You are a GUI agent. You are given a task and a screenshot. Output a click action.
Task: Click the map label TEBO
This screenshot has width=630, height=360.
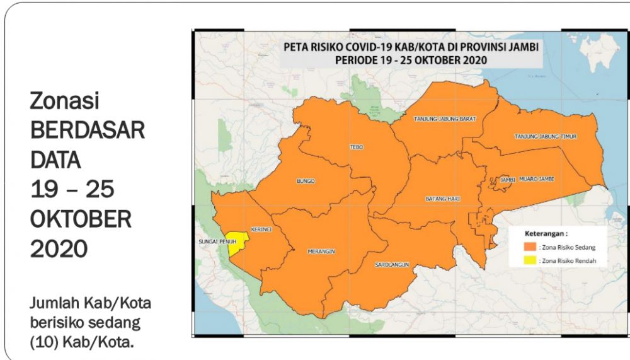[353, 147]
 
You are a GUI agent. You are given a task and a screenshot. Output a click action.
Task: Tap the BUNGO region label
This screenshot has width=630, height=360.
[306, 182]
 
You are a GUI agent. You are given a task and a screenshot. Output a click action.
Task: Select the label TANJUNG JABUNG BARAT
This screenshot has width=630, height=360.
[444, 119]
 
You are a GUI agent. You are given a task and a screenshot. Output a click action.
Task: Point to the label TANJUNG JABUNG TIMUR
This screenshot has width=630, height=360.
[546, 136]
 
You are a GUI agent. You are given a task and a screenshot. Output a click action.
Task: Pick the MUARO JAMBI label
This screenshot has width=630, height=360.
[535, 180]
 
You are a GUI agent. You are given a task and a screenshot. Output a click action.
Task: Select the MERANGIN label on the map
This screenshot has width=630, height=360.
[321, 251]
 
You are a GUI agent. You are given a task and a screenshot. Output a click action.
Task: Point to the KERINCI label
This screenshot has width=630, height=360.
[261, 229]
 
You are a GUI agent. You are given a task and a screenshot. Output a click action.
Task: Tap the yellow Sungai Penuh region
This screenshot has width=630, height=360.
[237, 245]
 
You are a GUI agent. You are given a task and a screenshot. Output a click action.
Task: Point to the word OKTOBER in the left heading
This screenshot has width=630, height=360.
[81, 219]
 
